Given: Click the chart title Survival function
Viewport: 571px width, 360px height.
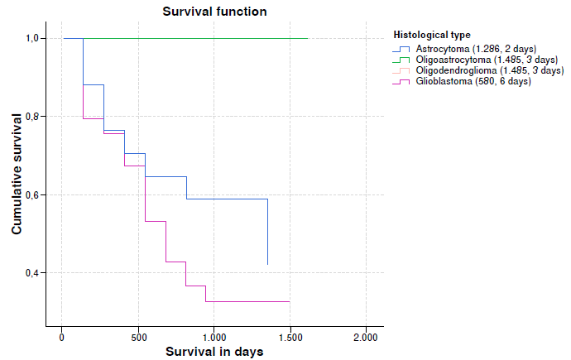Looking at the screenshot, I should tap(214, 11).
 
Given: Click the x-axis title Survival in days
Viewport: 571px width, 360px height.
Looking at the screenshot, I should tap(214, 352).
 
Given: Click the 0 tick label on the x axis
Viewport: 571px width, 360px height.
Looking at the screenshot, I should tap(61, 337).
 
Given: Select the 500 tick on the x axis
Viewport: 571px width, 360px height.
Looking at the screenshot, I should tap(137, 337).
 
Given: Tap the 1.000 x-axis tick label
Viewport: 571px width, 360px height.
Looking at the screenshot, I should tap(214, 337).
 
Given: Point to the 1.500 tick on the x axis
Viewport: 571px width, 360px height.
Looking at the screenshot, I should tap(290, 337).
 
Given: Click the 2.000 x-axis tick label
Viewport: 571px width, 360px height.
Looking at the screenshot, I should tap(366, 337).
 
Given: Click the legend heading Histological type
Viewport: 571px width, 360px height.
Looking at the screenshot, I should tap(432, 35).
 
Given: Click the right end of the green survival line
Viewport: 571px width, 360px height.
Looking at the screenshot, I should tap(307, 38).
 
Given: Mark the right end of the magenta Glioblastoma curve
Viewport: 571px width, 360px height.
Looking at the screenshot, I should tap(289, 301).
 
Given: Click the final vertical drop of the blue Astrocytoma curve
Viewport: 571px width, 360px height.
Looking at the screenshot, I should tap(267, 232).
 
